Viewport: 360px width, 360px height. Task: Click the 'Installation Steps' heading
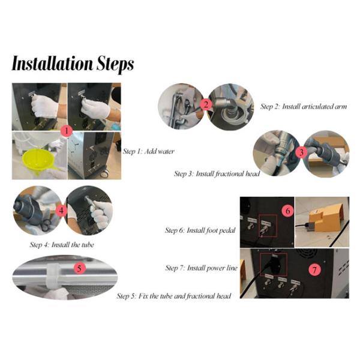coord(73,64)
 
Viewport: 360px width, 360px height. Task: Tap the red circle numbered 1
coord(67,131)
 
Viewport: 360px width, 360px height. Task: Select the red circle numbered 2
coord(206,105)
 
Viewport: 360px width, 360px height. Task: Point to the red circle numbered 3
coord(301,152)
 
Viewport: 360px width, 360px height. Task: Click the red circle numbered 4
coord(61,211)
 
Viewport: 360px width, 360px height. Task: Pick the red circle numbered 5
coord(79,268)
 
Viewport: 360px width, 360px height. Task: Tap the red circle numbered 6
coord(288,211)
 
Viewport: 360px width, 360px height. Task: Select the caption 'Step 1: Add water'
coord(149,151)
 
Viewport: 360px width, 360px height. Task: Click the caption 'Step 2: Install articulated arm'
coord(304,107)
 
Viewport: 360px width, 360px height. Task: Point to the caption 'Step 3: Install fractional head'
coord(217,174)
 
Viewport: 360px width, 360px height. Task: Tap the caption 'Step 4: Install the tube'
coord(62,245)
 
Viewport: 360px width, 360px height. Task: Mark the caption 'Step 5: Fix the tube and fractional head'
coord(174,296)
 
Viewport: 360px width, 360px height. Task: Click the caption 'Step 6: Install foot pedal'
coord(200,230)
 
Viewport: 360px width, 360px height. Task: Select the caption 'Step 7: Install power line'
coord(202,268)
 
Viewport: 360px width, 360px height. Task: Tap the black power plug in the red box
coord(274,263)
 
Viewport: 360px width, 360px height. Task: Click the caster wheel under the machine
coord(104,174)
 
